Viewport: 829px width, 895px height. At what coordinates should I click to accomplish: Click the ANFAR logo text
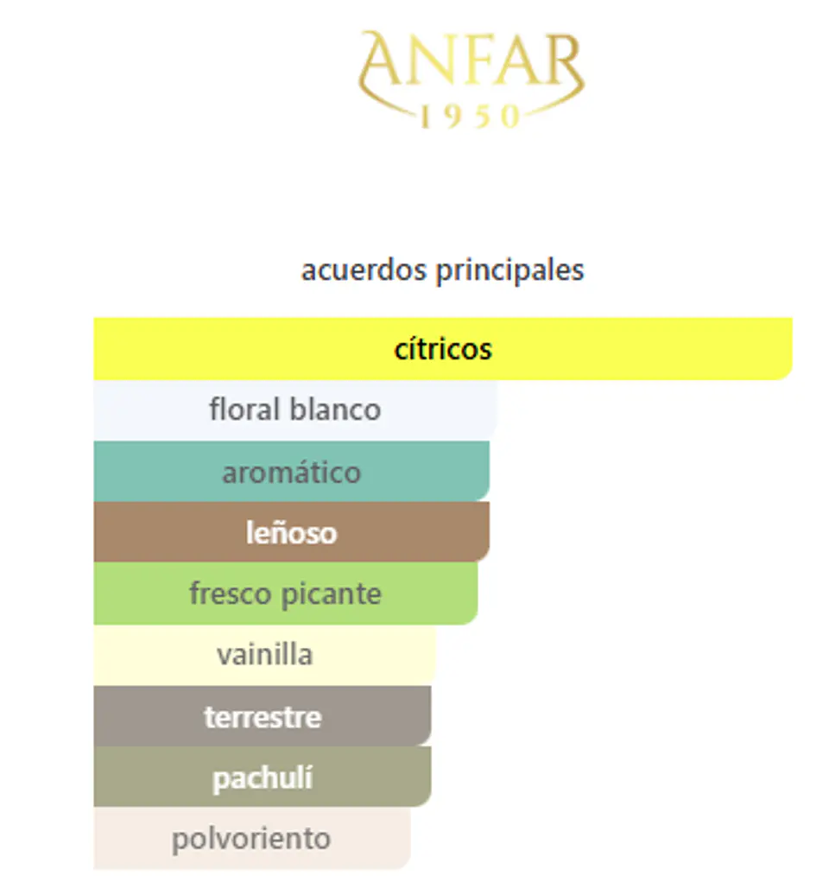click(x=471, y=60)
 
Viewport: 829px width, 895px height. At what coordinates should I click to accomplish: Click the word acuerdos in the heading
click(x=364, y=270)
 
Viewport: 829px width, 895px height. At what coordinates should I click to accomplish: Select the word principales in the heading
click(x=510, y=271)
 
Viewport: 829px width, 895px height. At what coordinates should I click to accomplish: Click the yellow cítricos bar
click(x=443, y=349)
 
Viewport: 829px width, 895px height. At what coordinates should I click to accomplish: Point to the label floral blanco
click(x=295, y=409)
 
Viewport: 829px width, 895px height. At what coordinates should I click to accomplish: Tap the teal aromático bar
click(x=292, y=472)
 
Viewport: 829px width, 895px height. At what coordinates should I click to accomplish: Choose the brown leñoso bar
click(x=292, y=532)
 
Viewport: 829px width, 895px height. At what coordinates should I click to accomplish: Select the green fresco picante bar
click(x=285, y=593)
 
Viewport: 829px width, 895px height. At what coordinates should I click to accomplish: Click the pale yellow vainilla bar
click(x=264, y=655)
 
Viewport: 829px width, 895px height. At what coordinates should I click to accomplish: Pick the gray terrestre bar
click(x=263, y=716)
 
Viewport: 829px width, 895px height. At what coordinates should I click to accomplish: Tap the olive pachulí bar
click(x=263, y=777)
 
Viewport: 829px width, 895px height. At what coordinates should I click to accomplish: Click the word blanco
click(x=335, y=409)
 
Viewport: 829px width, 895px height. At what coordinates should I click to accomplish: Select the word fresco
click(x=231, y=593)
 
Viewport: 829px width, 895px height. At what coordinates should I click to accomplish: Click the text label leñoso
click(x=292, y=532)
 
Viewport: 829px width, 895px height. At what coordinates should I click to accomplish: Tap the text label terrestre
click(x=263, y=717)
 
